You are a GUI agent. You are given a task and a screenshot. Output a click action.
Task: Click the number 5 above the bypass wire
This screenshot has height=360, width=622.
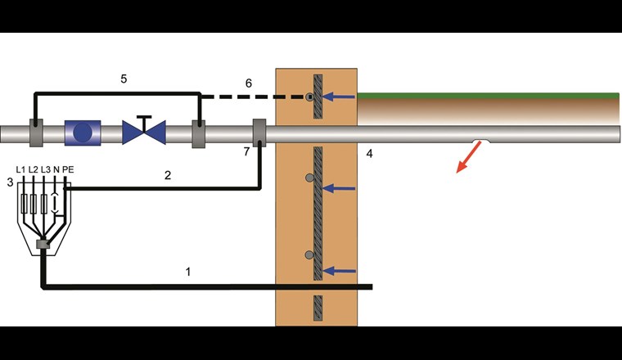click(124, 79)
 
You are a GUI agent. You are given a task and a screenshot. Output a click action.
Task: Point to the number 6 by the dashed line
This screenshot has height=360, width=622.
click(250, 83)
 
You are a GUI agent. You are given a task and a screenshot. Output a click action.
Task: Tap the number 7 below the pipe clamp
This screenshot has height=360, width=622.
click(246, 152)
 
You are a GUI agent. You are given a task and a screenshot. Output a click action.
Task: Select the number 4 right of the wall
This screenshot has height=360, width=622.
click(369, 153)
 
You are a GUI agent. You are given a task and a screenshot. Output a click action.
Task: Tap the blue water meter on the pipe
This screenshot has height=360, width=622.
click(83, 133)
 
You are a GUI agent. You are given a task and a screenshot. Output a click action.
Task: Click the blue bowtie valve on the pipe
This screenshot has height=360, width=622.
click(143, 133)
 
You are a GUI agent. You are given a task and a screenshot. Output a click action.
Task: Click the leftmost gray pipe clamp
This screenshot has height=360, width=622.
click(38, 133)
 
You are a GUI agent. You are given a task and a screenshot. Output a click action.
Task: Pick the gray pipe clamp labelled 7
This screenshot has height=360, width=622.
click(259, 133)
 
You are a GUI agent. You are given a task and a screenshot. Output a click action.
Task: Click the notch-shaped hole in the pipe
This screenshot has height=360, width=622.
click(480, 143)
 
